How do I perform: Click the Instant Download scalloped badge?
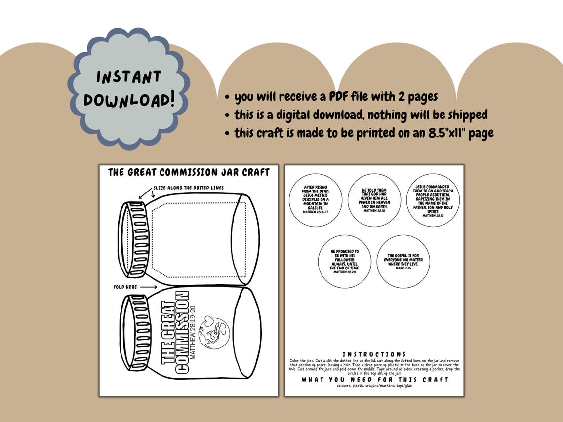coord(128,88)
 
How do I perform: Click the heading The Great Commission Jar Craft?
coord(189,172)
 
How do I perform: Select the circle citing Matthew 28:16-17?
coord(316,200)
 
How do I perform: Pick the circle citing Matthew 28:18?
coord(374,200)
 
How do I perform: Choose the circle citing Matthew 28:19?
coord(433,200)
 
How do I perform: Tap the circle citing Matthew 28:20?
coord(345,261)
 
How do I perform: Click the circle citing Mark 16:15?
coord(403,261)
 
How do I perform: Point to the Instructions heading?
coord(374,354)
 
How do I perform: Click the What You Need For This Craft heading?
coord(375,379)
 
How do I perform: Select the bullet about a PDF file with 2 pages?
coord(335,97)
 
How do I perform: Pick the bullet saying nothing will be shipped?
coord(361,115)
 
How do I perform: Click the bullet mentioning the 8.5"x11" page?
coord(363,133)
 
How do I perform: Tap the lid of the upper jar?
coord(134,239)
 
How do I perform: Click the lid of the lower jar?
coord(134,332)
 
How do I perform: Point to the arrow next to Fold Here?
coord(148,286)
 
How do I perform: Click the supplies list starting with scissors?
coord(374,385)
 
